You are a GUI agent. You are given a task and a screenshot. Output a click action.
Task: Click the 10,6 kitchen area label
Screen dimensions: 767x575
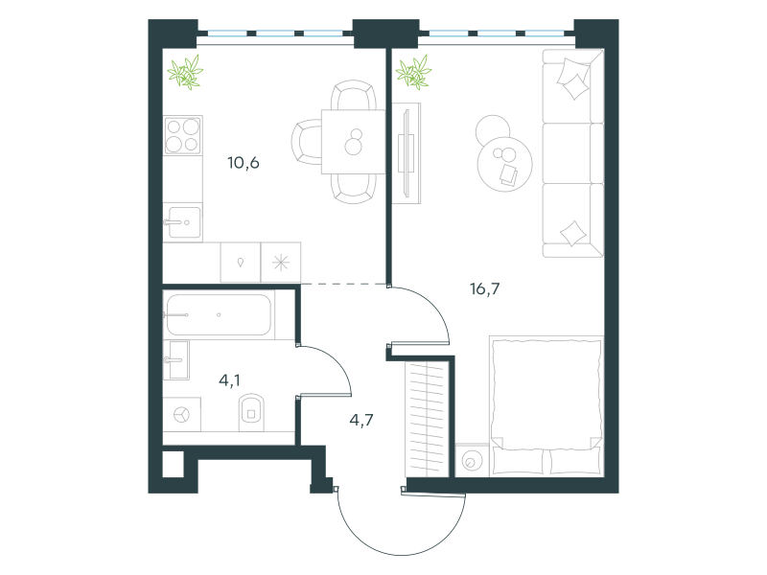[x=244, y=162]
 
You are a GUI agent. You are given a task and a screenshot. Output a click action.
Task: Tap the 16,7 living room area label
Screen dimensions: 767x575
[x=485, y=289]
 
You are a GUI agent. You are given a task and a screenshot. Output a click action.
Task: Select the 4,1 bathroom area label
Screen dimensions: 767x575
[x=229, y=379]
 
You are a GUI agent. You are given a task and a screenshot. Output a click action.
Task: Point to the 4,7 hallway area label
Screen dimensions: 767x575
[x=361, y=420]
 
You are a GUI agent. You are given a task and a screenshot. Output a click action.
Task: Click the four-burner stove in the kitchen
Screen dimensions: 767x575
[x=183, y=135]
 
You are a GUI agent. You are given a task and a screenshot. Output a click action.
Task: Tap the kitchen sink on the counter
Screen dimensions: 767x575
[x=183, y=222]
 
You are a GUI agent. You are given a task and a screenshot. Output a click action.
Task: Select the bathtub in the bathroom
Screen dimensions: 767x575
[x=219, y=315]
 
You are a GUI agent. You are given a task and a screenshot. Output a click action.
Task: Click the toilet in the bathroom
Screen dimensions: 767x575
[x=251, y=412]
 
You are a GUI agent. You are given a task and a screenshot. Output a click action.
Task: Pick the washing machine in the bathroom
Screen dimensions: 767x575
[x=181, y=415]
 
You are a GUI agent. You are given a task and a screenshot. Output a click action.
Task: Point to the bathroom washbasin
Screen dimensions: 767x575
[x=178, y=360]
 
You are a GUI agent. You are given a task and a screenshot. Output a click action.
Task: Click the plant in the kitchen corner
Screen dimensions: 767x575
[x=185, y=72]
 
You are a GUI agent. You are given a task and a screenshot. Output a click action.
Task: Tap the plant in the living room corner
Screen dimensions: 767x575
[x=414, y=73]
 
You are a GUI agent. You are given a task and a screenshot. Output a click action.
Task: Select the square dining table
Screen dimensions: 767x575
[x=353, y=142]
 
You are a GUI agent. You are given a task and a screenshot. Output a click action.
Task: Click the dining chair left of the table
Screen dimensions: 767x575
[x=307, y=142]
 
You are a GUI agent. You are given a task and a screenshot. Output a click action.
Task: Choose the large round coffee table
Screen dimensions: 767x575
[x=505, y=164]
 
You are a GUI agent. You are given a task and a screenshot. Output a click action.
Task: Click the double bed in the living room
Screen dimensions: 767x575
[x=546, y=405]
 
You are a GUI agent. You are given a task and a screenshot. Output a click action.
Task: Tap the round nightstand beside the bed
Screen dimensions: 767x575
[x=472, y=461]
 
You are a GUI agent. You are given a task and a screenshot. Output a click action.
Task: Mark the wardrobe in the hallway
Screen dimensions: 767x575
[x=427, y=419]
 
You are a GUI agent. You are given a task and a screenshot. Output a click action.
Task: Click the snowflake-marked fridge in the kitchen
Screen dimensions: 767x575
[x=281, y=263]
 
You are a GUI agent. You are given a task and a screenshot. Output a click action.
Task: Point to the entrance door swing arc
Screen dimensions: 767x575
[x=402, y=555]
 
